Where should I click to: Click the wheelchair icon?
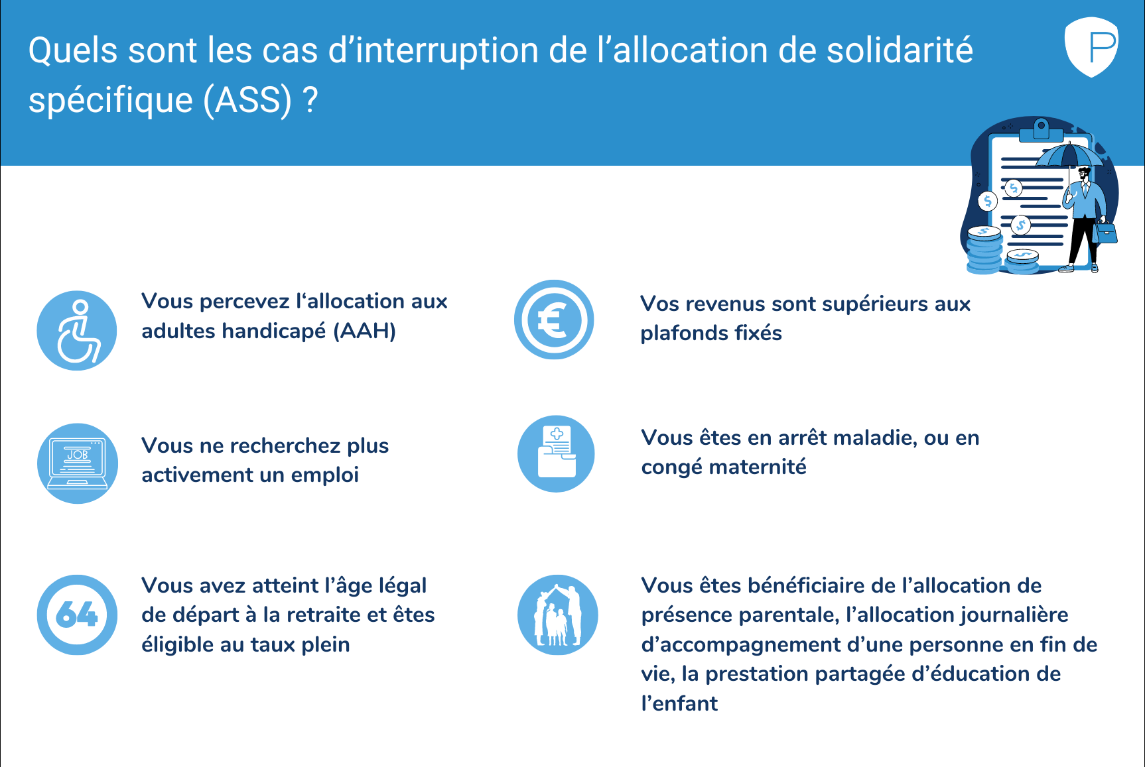pyautogui.click(x=77, y=330)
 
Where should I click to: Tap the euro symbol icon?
pyautogui.click(x=554, y=320)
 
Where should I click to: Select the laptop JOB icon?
pyautogui.click(x=78, y=463)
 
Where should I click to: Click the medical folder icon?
pyautogui.click(x=556, y=454)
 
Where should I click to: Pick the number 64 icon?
pyautogui.click(x=77, y=615)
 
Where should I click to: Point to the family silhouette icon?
pyautogui.click(x=557, y=615)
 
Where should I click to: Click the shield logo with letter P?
pyautogui.click(x=1091, y=46)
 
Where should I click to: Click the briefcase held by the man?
pyautogui.click(x=1105, y=233)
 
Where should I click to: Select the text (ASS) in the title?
pyautogui.click(x=247, y=101)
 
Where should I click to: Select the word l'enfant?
pyautogui.click(x=679, y=703)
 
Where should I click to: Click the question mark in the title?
pyautogui.click(x=310, y=100)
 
